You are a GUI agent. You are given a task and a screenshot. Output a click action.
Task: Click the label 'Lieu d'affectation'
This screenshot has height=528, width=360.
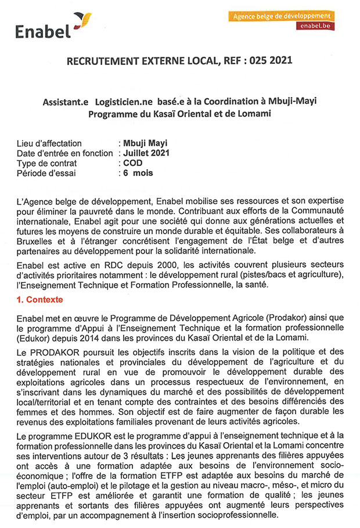[x=50, y=143]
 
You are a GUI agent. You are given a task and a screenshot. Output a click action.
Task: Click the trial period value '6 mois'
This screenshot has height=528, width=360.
[x=136, y=173]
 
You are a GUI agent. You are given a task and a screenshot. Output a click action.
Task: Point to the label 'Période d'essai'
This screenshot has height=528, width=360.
[x=46, y=173]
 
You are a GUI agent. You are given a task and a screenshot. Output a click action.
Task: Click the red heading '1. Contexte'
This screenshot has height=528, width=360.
[x=40, y=300]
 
